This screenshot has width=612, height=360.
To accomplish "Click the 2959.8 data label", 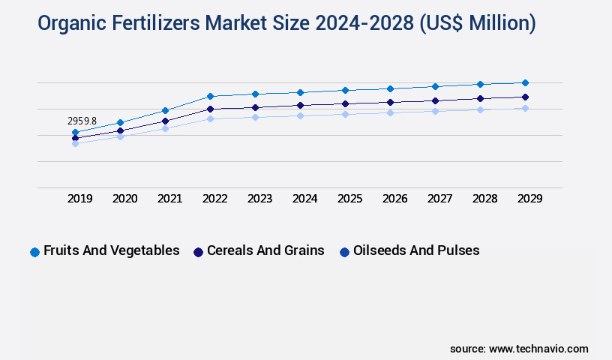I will pyautogui.click(x=82, y=121).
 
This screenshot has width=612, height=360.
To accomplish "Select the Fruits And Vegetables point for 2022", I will pyautogui.click(x=210, y=96).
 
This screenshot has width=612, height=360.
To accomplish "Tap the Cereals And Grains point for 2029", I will pyautogui.click(x=525, y=97).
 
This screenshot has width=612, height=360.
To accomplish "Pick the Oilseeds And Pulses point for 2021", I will pyautogui.click(x=165, y=128).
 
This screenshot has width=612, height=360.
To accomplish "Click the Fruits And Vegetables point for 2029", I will pyautogui.click(x=525, y=82).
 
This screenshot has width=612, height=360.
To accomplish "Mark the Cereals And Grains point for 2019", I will pyautogui.click(x=75, y=138).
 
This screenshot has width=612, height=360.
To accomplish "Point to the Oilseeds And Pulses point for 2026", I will pyautogui.click(x=390, y=112).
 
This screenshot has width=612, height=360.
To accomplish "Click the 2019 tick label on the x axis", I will pyautogui.click(x=79, y=199).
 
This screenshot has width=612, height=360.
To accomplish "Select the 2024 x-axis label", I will pyautogui.click(x=304, y=199).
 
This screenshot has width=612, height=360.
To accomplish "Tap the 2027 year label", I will pyautogui.click(x=439, y=199).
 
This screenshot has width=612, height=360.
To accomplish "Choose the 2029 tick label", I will pyautogui.click(x=529, y=199).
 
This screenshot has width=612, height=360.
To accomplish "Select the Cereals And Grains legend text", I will pyautogui.click(x=265, y=250).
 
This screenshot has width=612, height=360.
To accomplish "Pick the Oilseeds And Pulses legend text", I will pyautogui.click(x=416, y=250).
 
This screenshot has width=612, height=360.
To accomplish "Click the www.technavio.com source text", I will pyautogui.click(x=538, y=349).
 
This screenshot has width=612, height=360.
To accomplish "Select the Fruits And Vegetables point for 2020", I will pyautogui.click(x=120, y=122).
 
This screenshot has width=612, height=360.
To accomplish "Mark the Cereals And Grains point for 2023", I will pyautogui.click(x=255, y=107).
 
